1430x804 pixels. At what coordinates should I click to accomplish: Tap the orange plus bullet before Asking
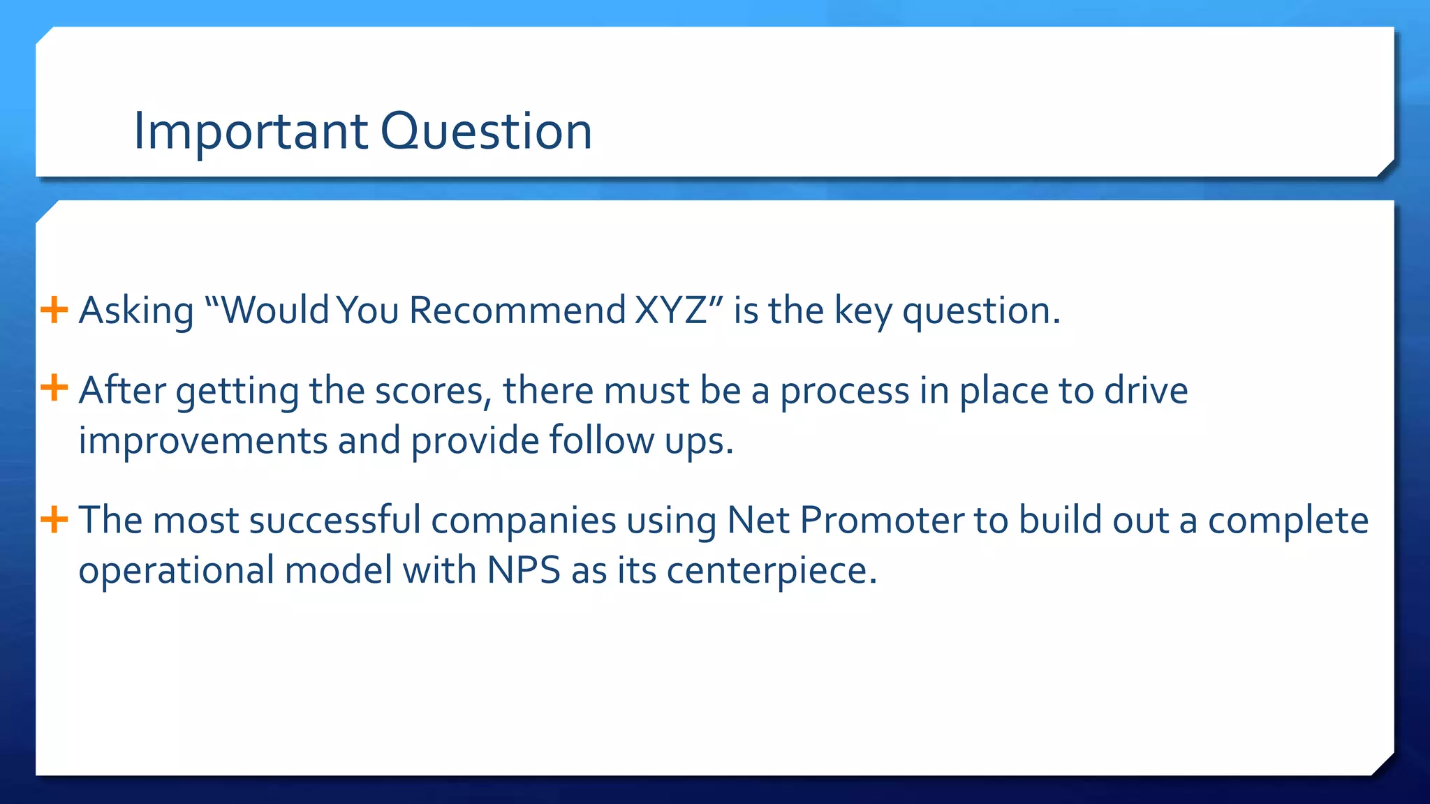coord(54,309)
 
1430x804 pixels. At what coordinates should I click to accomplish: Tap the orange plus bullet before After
coord(54,388)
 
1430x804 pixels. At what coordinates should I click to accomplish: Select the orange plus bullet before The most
coord(54,519)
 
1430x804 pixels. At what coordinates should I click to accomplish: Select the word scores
coord(429,391)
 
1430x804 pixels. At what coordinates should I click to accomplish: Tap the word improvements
coord(203,441)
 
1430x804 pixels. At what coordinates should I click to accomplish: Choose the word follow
coord(601,441)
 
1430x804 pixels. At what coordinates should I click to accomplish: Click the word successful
coord(334,521)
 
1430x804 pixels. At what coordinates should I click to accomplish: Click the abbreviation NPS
coord(524,570)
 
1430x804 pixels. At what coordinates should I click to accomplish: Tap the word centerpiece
coord(771,572)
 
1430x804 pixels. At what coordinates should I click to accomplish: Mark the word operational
coord(177,572)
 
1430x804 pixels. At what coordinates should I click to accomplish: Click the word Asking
coord(136,311)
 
